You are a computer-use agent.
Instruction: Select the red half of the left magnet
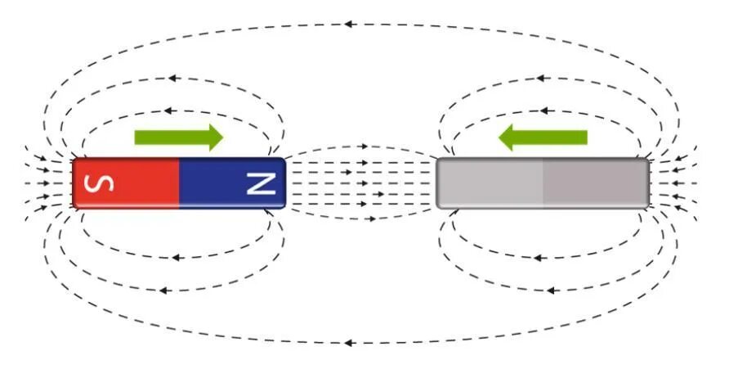pos(127,182)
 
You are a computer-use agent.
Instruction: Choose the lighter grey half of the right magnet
pos(490,182)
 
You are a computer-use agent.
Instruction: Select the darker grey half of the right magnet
pos(595,182)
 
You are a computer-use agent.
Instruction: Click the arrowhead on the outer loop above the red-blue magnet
pos(172,79)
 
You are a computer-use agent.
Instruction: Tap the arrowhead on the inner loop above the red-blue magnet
pos(167,110)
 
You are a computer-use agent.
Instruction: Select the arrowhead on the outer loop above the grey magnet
pos(539,79)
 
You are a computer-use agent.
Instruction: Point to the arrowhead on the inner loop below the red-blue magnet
pos(175,256)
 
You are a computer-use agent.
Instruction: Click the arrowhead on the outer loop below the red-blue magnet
pos(164,289)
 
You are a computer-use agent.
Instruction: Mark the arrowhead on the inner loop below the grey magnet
pos(537,257)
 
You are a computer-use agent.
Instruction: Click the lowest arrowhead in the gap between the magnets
pos(372,219)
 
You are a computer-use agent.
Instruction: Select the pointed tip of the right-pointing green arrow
pos(221,137)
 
